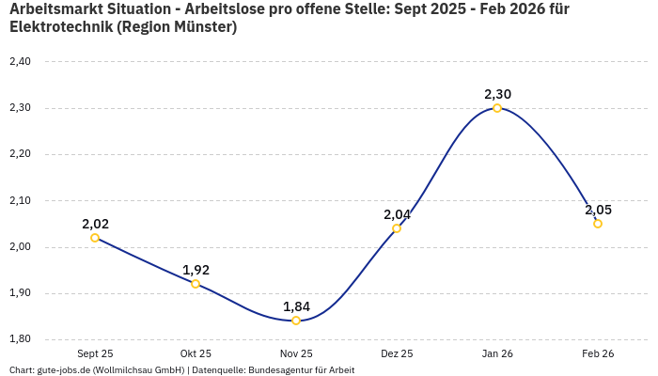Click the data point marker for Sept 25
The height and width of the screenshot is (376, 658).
[95, 238]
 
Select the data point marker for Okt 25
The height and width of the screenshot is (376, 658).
[196, 284]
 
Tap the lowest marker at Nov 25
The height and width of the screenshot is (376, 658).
[296, 321]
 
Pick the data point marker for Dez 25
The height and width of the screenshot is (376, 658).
[397, 228]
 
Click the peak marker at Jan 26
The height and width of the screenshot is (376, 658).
[497, 108]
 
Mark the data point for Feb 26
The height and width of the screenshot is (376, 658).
[598, 224]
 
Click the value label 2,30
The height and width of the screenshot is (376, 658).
[497, 94]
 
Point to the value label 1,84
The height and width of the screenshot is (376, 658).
[296, 306]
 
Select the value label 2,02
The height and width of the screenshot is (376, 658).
[95, 224]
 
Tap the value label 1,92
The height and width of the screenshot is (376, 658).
[196, 270]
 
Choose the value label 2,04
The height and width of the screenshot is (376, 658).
[397, 214]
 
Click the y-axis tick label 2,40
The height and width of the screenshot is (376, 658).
[20, 62]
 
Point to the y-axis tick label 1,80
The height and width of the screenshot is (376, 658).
[20, 339]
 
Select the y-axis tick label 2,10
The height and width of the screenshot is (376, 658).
[20, 201]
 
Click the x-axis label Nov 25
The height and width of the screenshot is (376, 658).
[296, 354]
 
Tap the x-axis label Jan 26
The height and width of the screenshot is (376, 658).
[497, 354]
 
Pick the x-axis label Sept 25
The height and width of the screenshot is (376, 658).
[95, 354]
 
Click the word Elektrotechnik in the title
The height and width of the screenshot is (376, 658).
[60, 27]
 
